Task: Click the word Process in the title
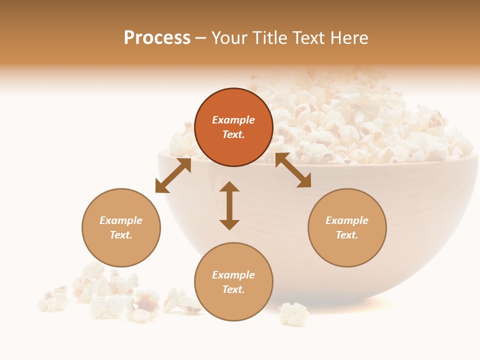point(157,38)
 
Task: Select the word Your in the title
point(229,38)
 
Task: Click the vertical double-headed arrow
point(229,205)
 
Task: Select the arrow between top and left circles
point(173,175)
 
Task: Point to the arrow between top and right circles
point(293,170)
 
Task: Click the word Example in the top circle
point(233,120)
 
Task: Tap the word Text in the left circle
point(121,235)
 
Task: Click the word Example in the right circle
point(347,220)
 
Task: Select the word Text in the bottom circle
point(233,289)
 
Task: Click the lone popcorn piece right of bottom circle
point(294,314)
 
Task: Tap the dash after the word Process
point(200,38)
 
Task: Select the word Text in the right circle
point(347,235)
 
